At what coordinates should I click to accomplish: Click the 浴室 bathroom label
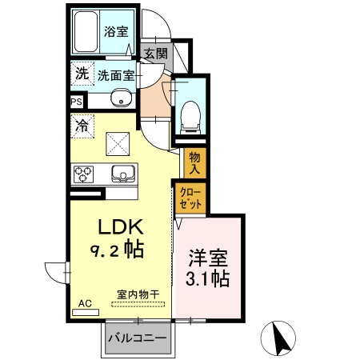coord(116,32)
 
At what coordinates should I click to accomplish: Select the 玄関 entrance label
coord(156,54)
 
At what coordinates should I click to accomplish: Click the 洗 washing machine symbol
coord(82,74)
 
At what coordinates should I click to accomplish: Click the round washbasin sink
coord(121,100)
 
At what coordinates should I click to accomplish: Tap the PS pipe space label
coord(77,102)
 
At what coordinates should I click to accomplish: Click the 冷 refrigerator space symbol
coord(82,125)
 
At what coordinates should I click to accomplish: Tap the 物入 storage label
coord(194,163)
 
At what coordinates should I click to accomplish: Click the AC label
coord(85,304)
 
